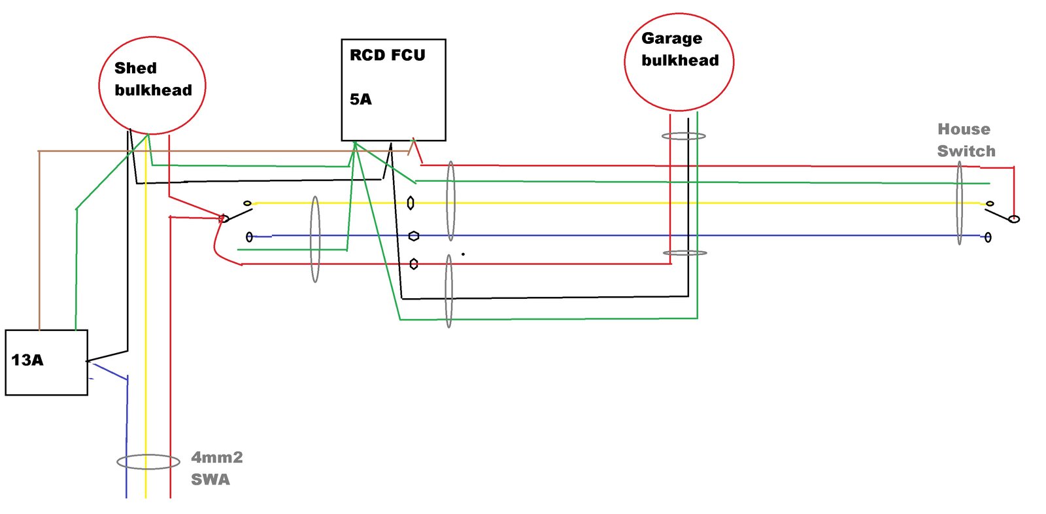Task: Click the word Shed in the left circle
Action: click(x=135, y=68)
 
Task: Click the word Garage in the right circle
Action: click(x=671, y=39)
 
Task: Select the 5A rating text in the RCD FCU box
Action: click(x=360, y=99)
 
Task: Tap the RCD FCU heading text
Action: click(x=387, y=55)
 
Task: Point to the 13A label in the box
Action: click(x=27, y=360)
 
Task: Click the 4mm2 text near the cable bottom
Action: click(x=216, y=457)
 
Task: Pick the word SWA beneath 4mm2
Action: click(x=210, y=479)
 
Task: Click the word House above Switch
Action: click(x=964, y=129)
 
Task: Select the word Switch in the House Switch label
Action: click(x=966, y=151)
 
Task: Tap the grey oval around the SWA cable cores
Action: click(x=148, y=462)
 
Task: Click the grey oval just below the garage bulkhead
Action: click(x=684, y=136)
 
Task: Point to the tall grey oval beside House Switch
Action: click(x=959, y=203)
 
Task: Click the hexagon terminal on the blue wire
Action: click(x=413, y=236)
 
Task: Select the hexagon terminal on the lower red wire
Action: click(x=413, y=264)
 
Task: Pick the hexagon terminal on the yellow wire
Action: click(x=411, y=203)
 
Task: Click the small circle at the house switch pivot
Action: click(x=1014, y=219)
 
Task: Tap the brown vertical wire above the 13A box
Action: click(x=39, y=242)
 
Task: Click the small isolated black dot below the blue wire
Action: click(x=463, y=254)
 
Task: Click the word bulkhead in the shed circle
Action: click(x=153, y=90)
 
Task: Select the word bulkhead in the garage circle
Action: click(x=680, y=61)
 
